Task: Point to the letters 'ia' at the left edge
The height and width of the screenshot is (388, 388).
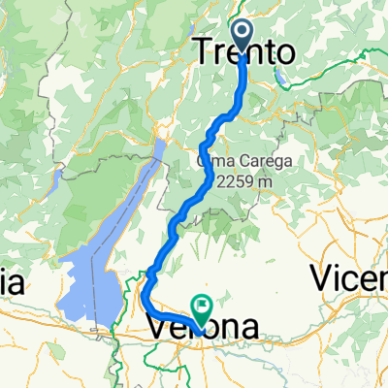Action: point(12,284)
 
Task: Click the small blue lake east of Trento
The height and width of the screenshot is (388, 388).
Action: point(279,57)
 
